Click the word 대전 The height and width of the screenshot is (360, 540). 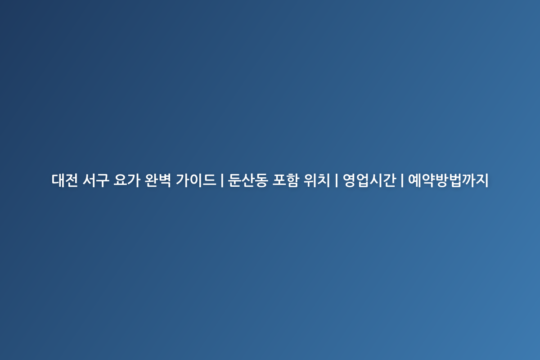[65, 180]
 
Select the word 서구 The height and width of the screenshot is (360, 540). [96, 180]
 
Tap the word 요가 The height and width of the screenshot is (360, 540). [127, 180]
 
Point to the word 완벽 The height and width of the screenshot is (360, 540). [158, 180]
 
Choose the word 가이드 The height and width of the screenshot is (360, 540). [196, 180]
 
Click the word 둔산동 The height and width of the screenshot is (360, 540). [247, 180]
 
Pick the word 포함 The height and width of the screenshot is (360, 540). [285, 180]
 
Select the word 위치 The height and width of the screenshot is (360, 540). [316, 180]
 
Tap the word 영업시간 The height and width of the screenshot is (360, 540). [369, 180]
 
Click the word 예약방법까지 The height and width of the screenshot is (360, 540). [448, 180]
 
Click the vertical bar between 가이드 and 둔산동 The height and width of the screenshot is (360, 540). [222, 180]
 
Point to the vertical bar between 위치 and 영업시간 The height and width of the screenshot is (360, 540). [336, 180]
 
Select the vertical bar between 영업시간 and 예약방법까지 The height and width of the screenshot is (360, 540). [402, 180]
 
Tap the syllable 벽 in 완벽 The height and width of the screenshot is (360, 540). [165, 180]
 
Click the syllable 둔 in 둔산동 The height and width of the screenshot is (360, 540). [234, 180]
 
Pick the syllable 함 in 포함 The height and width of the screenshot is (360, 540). [292, 180]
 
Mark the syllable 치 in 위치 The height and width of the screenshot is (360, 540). [323, 180]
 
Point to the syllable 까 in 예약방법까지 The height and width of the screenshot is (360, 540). [468, 180]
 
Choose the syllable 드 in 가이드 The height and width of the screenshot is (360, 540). [209, 180]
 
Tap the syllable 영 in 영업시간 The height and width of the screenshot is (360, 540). [349, 180]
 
